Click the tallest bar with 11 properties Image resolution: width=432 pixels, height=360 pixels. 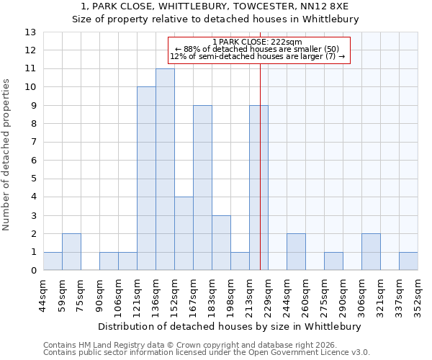(x=165, y=169)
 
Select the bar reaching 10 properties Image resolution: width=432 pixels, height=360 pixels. (x=146, y=179)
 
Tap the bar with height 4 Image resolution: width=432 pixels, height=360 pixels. (x=184, y=233)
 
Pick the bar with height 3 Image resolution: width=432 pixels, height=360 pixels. (x=221, y=243)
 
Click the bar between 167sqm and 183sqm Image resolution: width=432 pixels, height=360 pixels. (x=202, y=188)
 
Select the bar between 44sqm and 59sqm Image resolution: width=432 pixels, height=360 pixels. (x=53, y=261)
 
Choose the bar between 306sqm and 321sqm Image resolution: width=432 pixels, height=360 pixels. (x=371, y=252)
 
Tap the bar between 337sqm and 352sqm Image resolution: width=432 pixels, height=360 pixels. (x=408, y=261)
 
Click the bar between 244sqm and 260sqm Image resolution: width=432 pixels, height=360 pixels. (x=296, y=252)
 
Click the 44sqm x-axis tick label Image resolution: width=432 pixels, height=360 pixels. (x=43, y=292)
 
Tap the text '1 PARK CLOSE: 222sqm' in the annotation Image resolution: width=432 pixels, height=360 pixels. (x=259, y=42)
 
